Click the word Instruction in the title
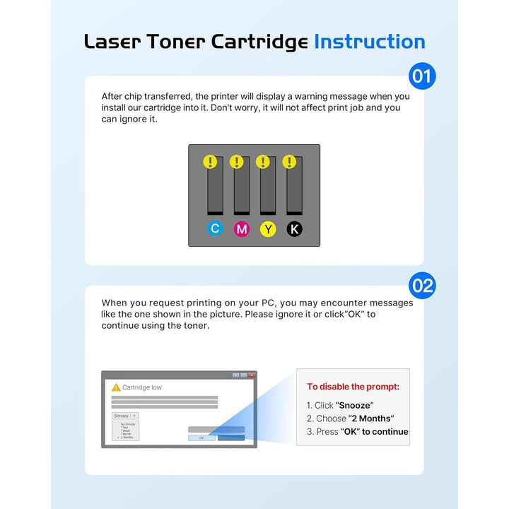coord(369,42)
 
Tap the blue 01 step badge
coord(422,76)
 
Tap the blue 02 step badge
coord(422,286)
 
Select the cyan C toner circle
coord(216,228)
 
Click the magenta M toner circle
coord(242,228)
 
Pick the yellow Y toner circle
coord(268,228)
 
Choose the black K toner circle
coord(294,228)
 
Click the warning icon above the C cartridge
coord(210,162)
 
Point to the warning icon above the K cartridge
coord(288,162)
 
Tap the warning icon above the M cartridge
coord(236,162)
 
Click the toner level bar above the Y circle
coord(268,191)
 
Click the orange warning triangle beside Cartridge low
coord(116,387)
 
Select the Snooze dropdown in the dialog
coord(125,416)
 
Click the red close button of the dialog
coord(251,375)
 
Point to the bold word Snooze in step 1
coord(355,405)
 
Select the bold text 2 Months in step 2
coord(371,419)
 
